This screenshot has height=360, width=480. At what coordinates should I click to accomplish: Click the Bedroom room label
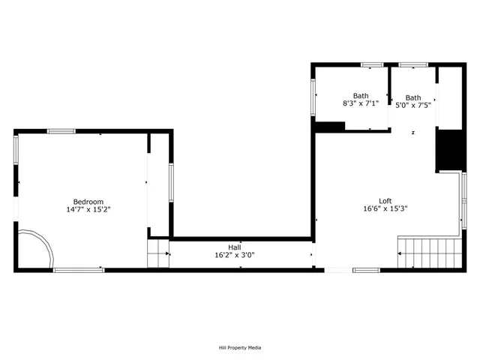pyautogui.click(x=88, y=201)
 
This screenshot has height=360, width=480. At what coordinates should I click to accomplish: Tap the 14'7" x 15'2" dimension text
pyautogui.click(x=88, y=209)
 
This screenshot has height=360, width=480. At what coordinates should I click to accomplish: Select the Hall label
pyautogui.click(x=235, y=247)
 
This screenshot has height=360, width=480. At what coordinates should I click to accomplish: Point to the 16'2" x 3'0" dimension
pyautogui.click(x=235, y=255)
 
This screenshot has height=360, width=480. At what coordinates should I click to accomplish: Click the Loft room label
pyautogui.click(x=385, y=200)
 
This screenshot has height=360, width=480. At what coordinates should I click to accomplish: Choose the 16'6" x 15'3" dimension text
pyautogui.click(x=385, y=208)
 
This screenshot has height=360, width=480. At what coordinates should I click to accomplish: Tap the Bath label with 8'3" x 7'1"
pyautogui.click(x=361, y=96)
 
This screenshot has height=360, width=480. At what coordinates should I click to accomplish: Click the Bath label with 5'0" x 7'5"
pyautogui.click(x=413, y=97)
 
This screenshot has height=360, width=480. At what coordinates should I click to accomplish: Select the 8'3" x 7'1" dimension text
pyautogui.click(x=361, y=104)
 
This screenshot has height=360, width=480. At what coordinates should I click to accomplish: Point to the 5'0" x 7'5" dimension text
pyautogui.click(x=413, y=106)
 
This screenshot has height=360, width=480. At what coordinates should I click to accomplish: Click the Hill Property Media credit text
pyautogui.click(x=240, y=347)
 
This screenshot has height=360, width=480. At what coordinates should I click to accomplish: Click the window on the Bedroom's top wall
pyautogui.click(x=61, y=131)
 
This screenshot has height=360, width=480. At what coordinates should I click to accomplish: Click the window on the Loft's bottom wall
pyautogui.click(x=367, y=270)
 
